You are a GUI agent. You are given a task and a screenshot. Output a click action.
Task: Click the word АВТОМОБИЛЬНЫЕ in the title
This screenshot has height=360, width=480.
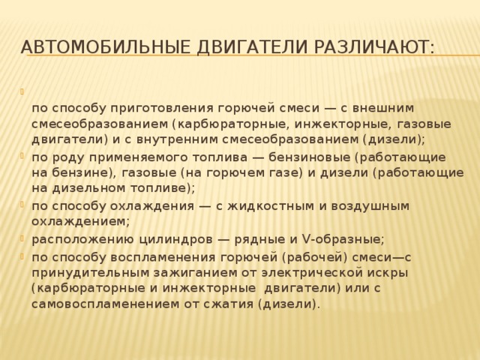click(105, 48)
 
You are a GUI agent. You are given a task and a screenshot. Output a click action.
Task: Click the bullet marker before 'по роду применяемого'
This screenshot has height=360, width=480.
click(25, 157)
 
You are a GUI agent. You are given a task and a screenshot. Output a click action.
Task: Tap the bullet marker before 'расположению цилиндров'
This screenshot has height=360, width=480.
click(25, 238)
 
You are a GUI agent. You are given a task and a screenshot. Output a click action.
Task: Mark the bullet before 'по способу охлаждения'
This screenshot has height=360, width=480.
click(25, 205)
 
